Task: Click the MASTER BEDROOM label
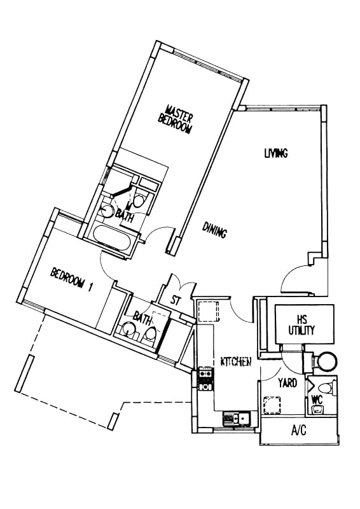point(176,119)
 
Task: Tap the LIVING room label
point(276,153)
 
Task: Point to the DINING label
point(214,230)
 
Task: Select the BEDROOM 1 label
point(71,279)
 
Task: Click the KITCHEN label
point(236,361)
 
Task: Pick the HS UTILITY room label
point(301,324)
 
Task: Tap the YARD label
point(287,383)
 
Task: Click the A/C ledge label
point(299,431)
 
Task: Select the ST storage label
point(175,300)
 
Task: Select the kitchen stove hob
point(205,379)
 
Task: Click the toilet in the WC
point(326,388)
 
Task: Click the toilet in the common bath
point(150,333)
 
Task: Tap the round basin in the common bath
point(129,328)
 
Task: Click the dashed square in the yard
point(272,405)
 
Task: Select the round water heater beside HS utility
point(326,361)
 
